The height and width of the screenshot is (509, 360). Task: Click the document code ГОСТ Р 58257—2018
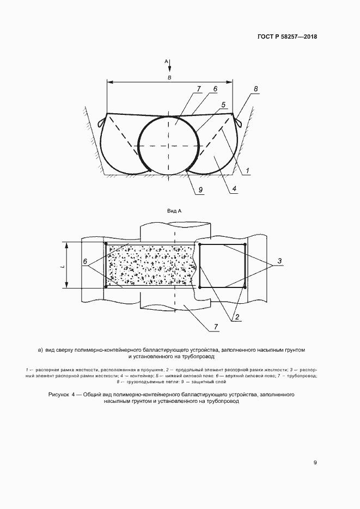tap(287, 36)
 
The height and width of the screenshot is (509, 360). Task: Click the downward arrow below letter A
tap(169, 66)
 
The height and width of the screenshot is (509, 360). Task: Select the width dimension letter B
tap(169, 77)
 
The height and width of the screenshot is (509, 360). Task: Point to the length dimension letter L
tap(63, 266)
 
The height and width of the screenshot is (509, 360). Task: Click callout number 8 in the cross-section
tap(256, 88)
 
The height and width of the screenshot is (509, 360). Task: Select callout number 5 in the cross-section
tap(223, 105)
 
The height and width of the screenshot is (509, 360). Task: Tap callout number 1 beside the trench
tap(247, 170)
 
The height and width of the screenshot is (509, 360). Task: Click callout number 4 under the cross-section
tap(234, 188)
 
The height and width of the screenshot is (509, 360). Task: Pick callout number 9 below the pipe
tap(200, 189)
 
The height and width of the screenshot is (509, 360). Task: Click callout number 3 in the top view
tap(279, 261)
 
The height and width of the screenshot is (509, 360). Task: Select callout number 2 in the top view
tap(237, 317)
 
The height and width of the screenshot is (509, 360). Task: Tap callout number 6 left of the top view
tap(85, 261)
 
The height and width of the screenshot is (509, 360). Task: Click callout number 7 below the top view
tap(216, 327)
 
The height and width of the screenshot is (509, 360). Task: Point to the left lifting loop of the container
tap(102, 121)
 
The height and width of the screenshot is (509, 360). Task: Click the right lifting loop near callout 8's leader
tap(238, 121)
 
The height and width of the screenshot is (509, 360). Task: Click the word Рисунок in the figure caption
tap(59, 395)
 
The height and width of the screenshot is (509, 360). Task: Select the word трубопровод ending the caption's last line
tap(224, 401)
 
